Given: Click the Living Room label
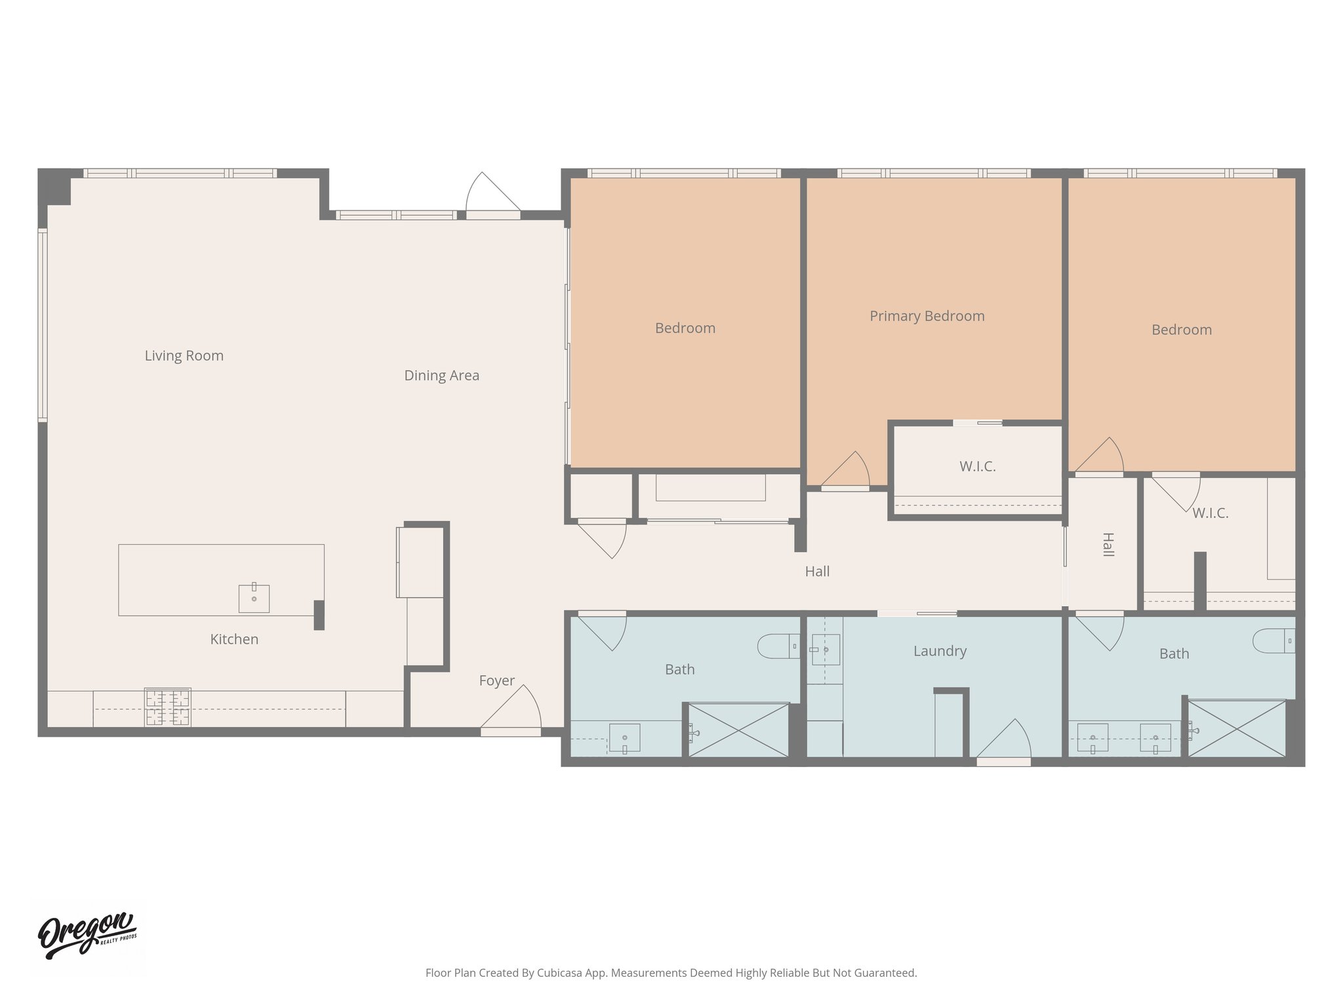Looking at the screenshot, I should [x=184, y=356].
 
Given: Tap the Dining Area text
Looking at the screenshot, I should [x=441, y=376].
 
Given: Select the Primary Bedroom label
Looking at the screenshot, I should [x=927, y=316].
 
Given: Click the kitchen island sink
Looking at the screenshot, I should [x=254, y=599].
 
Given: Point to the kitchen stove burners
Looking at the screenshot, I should [x=168, y=707].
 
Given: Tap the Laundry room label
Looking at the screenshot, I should [x=940, y=651].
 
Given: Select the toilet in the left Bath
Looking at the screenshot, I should [x=777, y=646].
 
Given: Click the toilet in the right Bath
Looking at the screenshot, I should [x=1273, y=641].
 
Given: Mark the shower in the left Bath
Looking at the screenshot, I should [x=738, y=730].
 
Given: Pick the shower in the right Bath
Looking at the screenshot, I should [x=1237, y=728].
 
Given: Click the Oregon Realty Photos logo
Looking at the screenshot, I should [x=87, y=936].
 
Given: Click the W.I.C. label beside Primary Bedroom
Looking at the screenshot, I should [x=977, y=467].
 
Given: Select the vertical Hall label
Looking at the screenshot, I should [x=1108, y=545].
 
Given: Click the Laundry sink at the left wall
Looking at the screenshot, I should [x=825, y=650].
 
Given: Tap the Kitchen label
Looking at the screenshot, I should [x=234, y=639].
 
